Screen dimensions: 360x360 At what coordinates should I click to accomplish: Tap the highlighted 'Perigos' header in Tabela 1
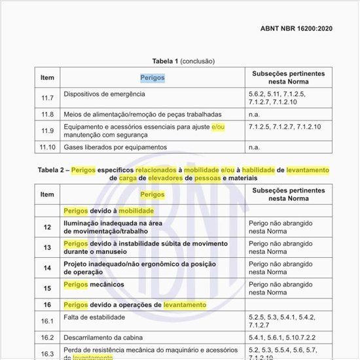152,78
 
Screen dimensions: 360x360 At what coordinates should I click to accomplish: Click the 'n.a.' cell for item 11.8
255,114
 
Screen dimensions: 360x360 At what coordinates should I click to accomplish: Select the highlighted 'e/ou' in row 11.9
217,126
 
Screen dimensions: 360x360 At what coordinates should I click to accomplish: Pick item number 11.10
47,147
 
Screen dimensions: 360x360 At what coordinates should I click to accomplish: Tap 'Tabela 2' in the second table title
51,170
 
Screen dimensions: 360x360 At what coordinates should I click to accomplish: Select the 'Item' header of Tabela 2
47,194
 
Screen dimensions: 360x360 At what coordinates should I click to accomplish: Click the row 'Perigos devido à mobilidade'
109,211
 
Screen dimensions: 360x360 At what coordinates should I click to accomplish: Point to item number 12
47,228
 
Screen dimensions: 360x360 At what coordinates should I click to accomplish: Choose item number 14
47,268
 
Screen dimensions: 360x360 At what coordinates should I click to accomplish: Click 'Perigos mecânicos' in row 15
94,285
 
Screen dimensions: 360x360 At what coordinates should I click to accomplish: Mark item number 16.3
47,354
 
